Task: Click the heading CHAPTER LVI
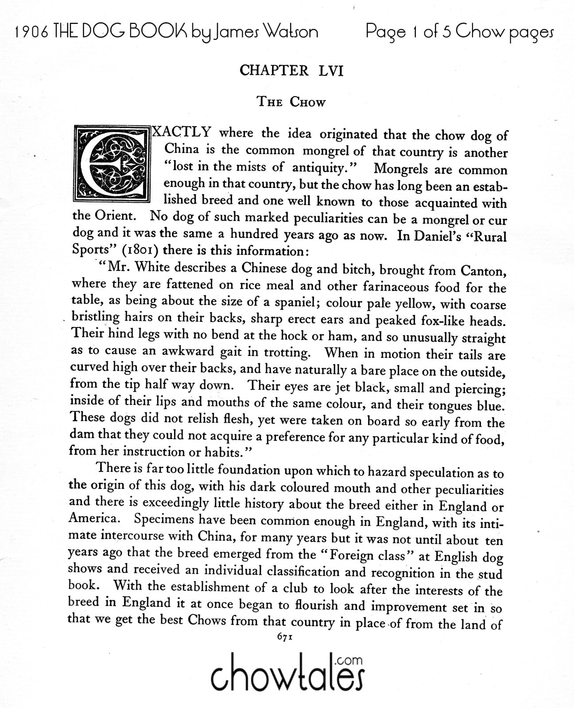click(x=291, y=71)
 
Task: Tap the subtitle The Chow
click(x=291, y=102)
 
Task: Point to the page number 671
click(x=286, y=637)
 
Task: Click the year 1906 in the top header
click(x=31, y=31)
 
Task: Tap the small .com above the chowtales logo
click(x=349, y=660)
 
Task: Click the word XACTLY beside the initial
click(x=181, y=132)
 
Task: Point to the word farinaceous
click(x=396, y=286)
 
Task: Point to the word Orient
click(x=116, y=216)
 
